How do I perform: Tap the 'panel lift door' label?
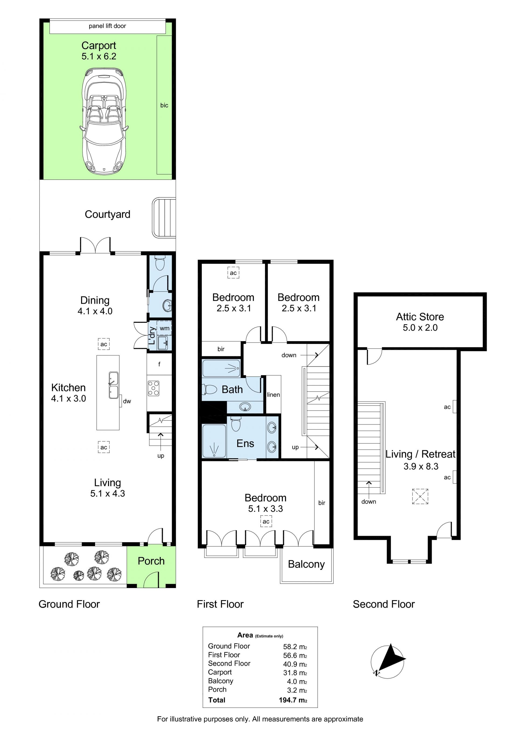coord(107,26)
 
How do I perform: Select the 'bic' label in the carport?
coord(164,105)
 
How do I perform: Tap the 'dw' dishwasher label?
coord(127,401)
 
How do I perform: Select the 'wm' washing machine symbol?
coord(164,328)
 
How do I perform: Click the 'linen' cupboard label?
coord(274,394)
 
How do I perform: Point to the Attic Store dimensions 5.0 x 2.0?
coord(420,327)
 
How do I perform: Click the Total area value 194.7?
coord(293,700)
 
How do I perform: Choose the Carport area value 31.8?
coord(295,673)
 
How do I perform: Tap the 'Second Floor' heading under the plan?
coord(384,604)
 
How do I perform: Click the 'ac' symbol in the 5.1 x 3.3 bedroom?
coord(266,522)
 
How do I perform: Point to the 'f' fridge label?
coord(159,364)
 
